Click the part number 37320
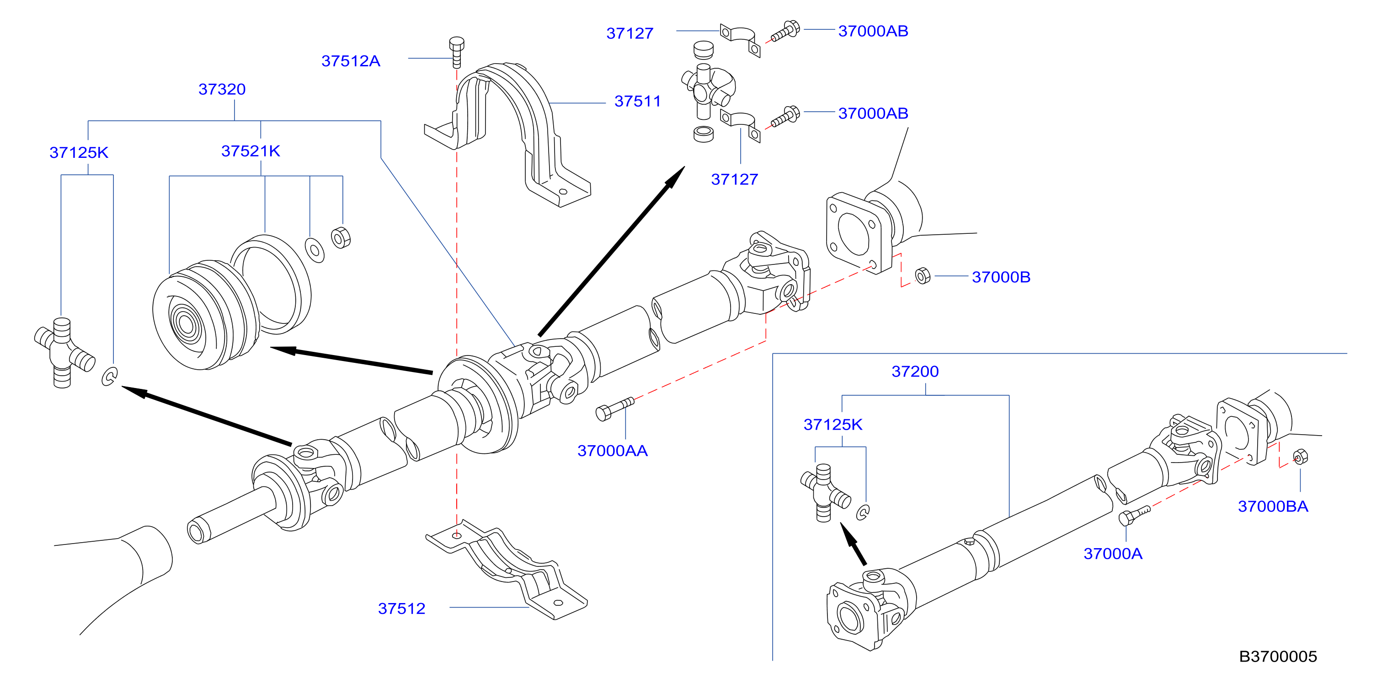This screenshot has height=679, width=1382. tap(222, 89)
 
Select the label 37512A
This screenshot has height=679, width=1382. tap(351, 61)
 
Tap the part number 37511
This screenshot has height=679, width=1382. tap(637, 101)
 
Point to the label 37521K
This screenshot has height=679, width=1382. tap(251, 151)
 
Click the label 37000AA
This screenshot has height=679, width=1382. tap(612, 451)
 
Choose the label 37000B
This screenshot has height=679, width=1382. tap(1001, 277)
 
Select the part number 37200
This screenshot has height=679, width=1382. tap(915, 372)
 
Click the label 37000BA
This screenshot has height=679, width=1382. tap(1273, 506)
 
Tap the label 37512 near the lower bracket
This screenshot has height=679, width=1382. tap(401, 608)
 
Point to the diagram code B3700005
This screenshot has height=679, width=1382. tap(1277, 657)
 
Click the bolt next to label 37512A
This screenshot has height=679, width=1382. tap(457, 52)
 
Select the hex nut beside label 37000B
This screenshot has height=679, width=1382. tap(923, 276)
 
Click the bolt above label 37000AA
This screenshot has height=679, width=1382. tap(615, 409)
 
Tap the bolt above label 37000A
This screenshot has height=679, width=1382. tap(1134, 515)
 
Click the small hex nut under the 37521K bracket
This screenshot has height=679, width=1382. tap(341, 238)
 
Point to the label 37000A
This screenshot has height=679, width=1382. tap(1113, 553)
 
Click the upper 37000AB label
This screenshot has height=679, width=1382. tap(873, 31)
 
